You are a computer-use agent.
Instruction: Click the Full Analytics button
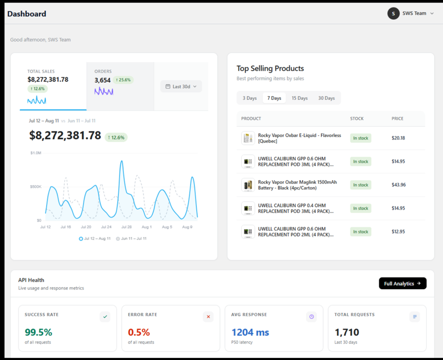403,283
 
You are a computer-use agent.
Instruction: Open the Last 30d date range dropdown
181,86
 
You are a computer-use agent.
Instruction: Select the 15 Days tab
299,98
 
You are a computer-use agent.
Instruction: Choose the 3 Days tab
250,98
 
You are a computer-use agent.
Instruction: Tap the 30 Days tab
326,98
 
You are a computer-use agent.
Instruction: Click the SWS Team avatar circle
393,13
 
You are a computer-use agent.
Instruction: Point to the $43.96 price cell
398,185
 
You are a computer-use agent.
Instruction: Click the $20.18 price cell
398,138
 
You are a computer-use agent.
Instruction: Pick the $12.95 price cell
398,232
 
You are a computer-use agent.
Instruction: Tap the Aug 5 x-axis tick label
167,227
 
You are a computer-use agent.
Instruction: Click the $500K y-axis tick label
35,187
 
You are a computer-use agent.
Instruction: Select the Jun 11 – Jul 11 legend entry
132,239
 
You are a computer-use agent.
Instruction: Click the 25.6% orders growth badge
123,80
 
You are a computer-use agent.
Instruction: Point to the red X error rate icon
208,316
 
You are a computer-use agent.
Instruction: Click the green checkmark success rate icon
105,316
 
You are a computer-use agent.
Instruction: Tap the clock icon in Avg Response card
311,316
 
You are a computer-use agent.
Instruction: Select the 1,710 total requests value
347,332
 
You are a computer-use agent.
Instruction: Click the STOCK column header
357,118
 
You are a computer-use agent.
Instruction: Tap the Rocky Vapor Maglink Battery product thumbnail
248,185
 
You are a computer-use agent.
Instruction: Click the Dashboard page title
26,14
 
